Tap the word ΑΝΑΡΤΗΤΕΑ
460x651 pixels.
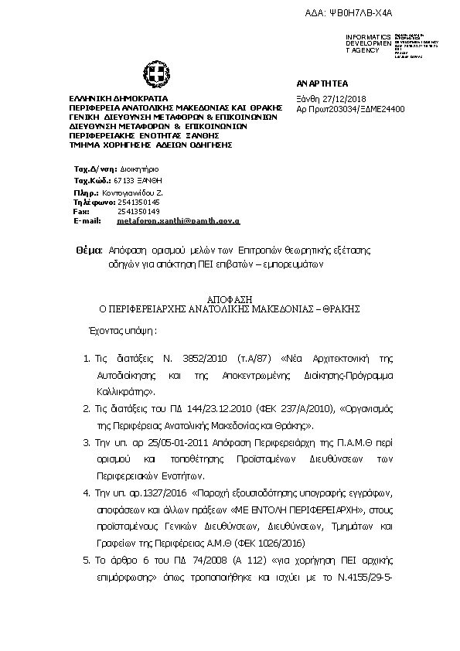coord(319,83)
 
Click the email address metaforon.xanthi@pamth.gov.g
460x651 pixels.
coord(178,220)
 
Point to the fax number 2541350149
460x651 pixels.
coord(138,211)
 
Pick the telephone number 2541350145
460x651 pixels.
coord(138,202)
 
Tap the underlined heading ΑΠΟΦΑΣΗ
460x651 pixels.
coord(230,298)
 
